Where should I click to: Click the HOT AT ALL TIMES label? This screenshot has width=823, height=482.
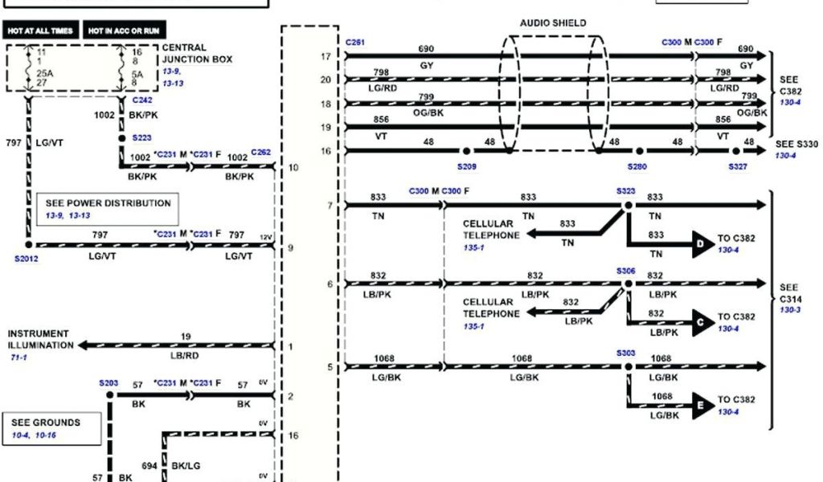(x=40, y=31)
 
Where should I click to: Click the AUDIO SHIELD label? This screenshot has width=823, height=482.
(x=553, y=23)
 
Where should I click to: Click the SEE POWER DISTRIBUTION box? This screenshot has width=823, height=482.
(x=108, y=208)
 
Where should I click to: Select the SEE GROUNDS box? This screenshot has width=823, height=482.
(x=52, y=427)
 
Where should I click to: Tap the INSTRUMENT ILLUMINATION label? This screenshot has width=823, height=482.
(x=40, y=339)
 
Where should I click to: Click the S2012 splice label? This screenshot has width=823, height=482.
(x=26, y=259)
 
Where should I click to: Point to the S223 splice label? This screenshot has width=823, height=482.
(x=142, y=137)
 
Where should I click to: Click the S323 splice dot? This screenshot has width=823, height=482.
(x=628, y=206)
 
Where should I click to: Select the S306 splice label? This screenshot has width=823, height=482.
(x=626, y=272)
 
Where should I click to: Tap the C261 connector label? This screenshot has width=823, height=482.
(x=354, y=42)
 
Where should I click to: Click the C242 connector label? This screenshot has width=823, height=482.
(x=141, y=100)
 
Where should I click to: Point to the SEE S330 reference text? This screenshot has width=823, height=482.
(x=796, y=145)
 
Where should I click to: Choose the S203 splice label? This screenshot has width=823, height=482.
(x=109, y=383)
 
